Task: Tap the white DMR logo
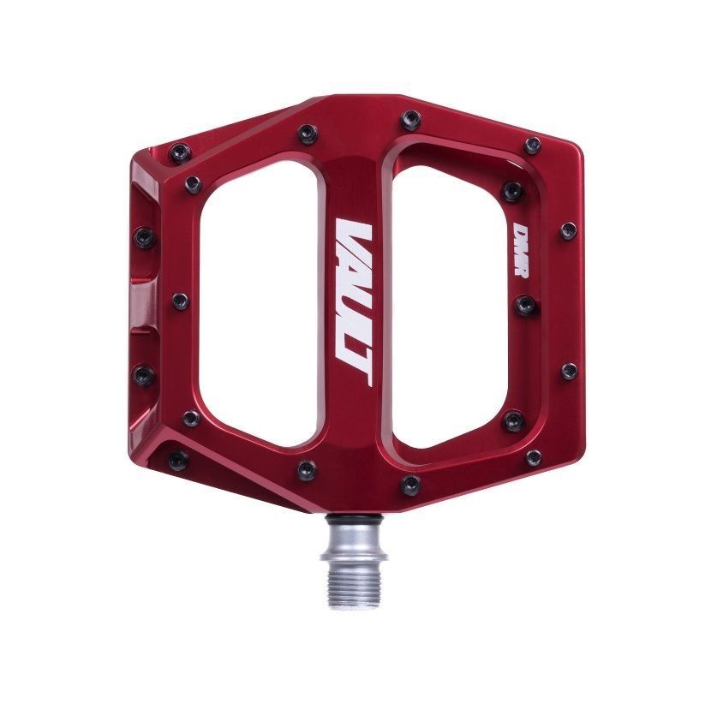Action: [x=520, y=249]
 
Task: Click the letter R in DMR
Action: [x=520, y=267]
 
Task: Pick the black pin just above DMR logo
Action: [x=513, y=191]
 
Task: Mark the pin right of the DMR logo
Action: [x=567, y=229]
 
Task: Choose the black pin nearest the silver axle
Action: [x=410, y=484]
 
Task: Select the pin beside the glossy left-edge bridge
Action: [x=180, y=301]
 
